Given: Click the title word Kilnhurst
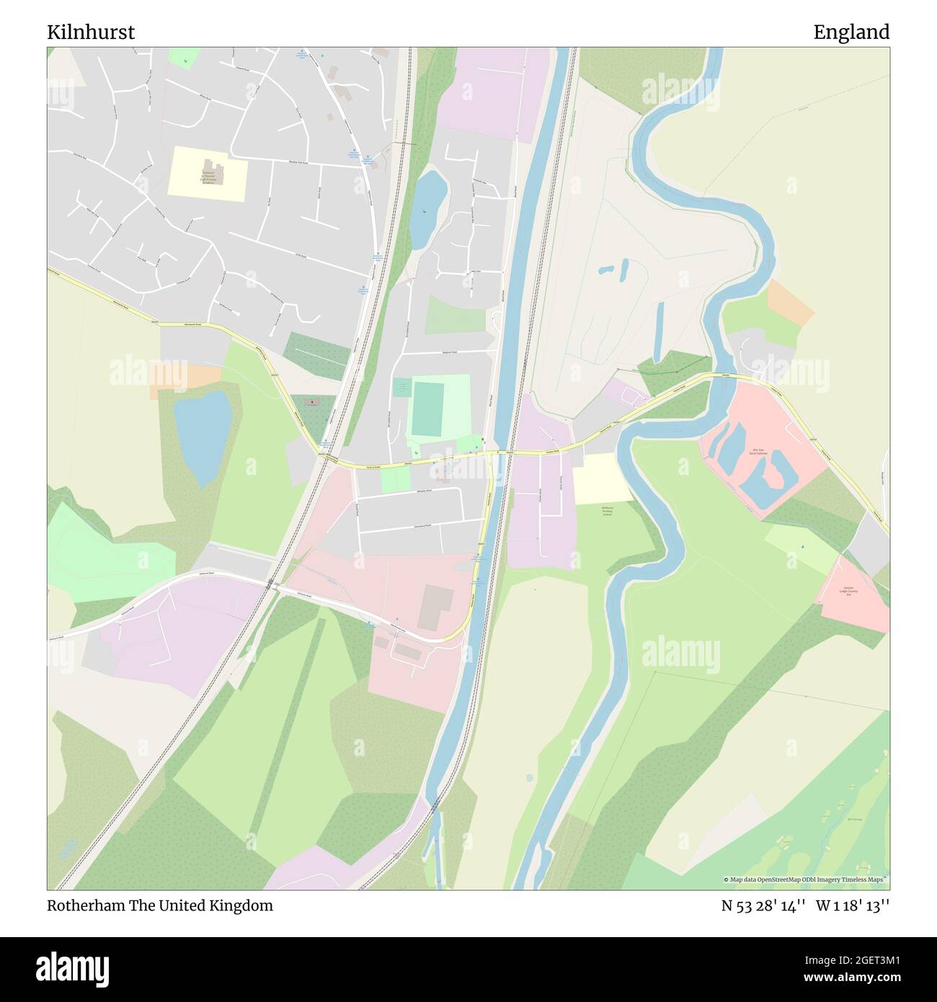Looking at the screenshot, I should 91,32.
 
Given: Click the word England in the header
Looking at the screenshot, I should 851,32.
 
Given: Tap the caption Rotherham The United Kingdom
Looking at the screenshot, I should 160,906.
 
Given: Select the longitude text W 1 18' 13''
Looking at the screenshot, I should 853,906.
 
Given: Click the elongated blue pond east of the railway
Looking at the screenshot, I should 427,208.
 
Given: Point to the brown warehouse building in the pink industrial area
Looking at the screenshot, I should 435,607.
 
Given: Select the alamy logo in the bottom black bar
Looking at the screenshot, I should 75,968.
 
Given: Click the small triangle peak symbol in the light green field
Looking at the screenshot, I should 802,546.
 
